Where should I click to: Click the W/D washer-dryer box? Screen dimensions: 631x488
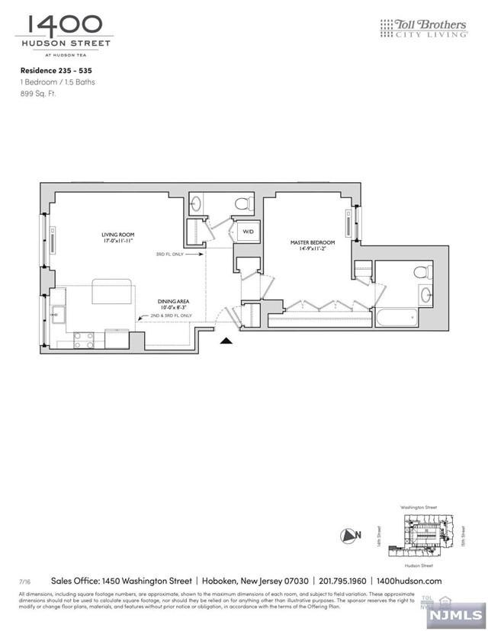pos(248,232)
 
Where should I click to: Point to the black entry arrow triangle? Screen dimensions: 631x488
pos(225,343)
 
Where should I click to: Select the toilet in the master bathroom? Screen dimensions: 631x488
pos(419,272)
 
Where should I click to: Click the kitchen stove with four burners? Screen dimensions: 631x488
pos(84,340)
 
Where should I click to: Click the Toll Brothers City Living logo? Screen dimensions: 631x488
pos(423,30)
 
